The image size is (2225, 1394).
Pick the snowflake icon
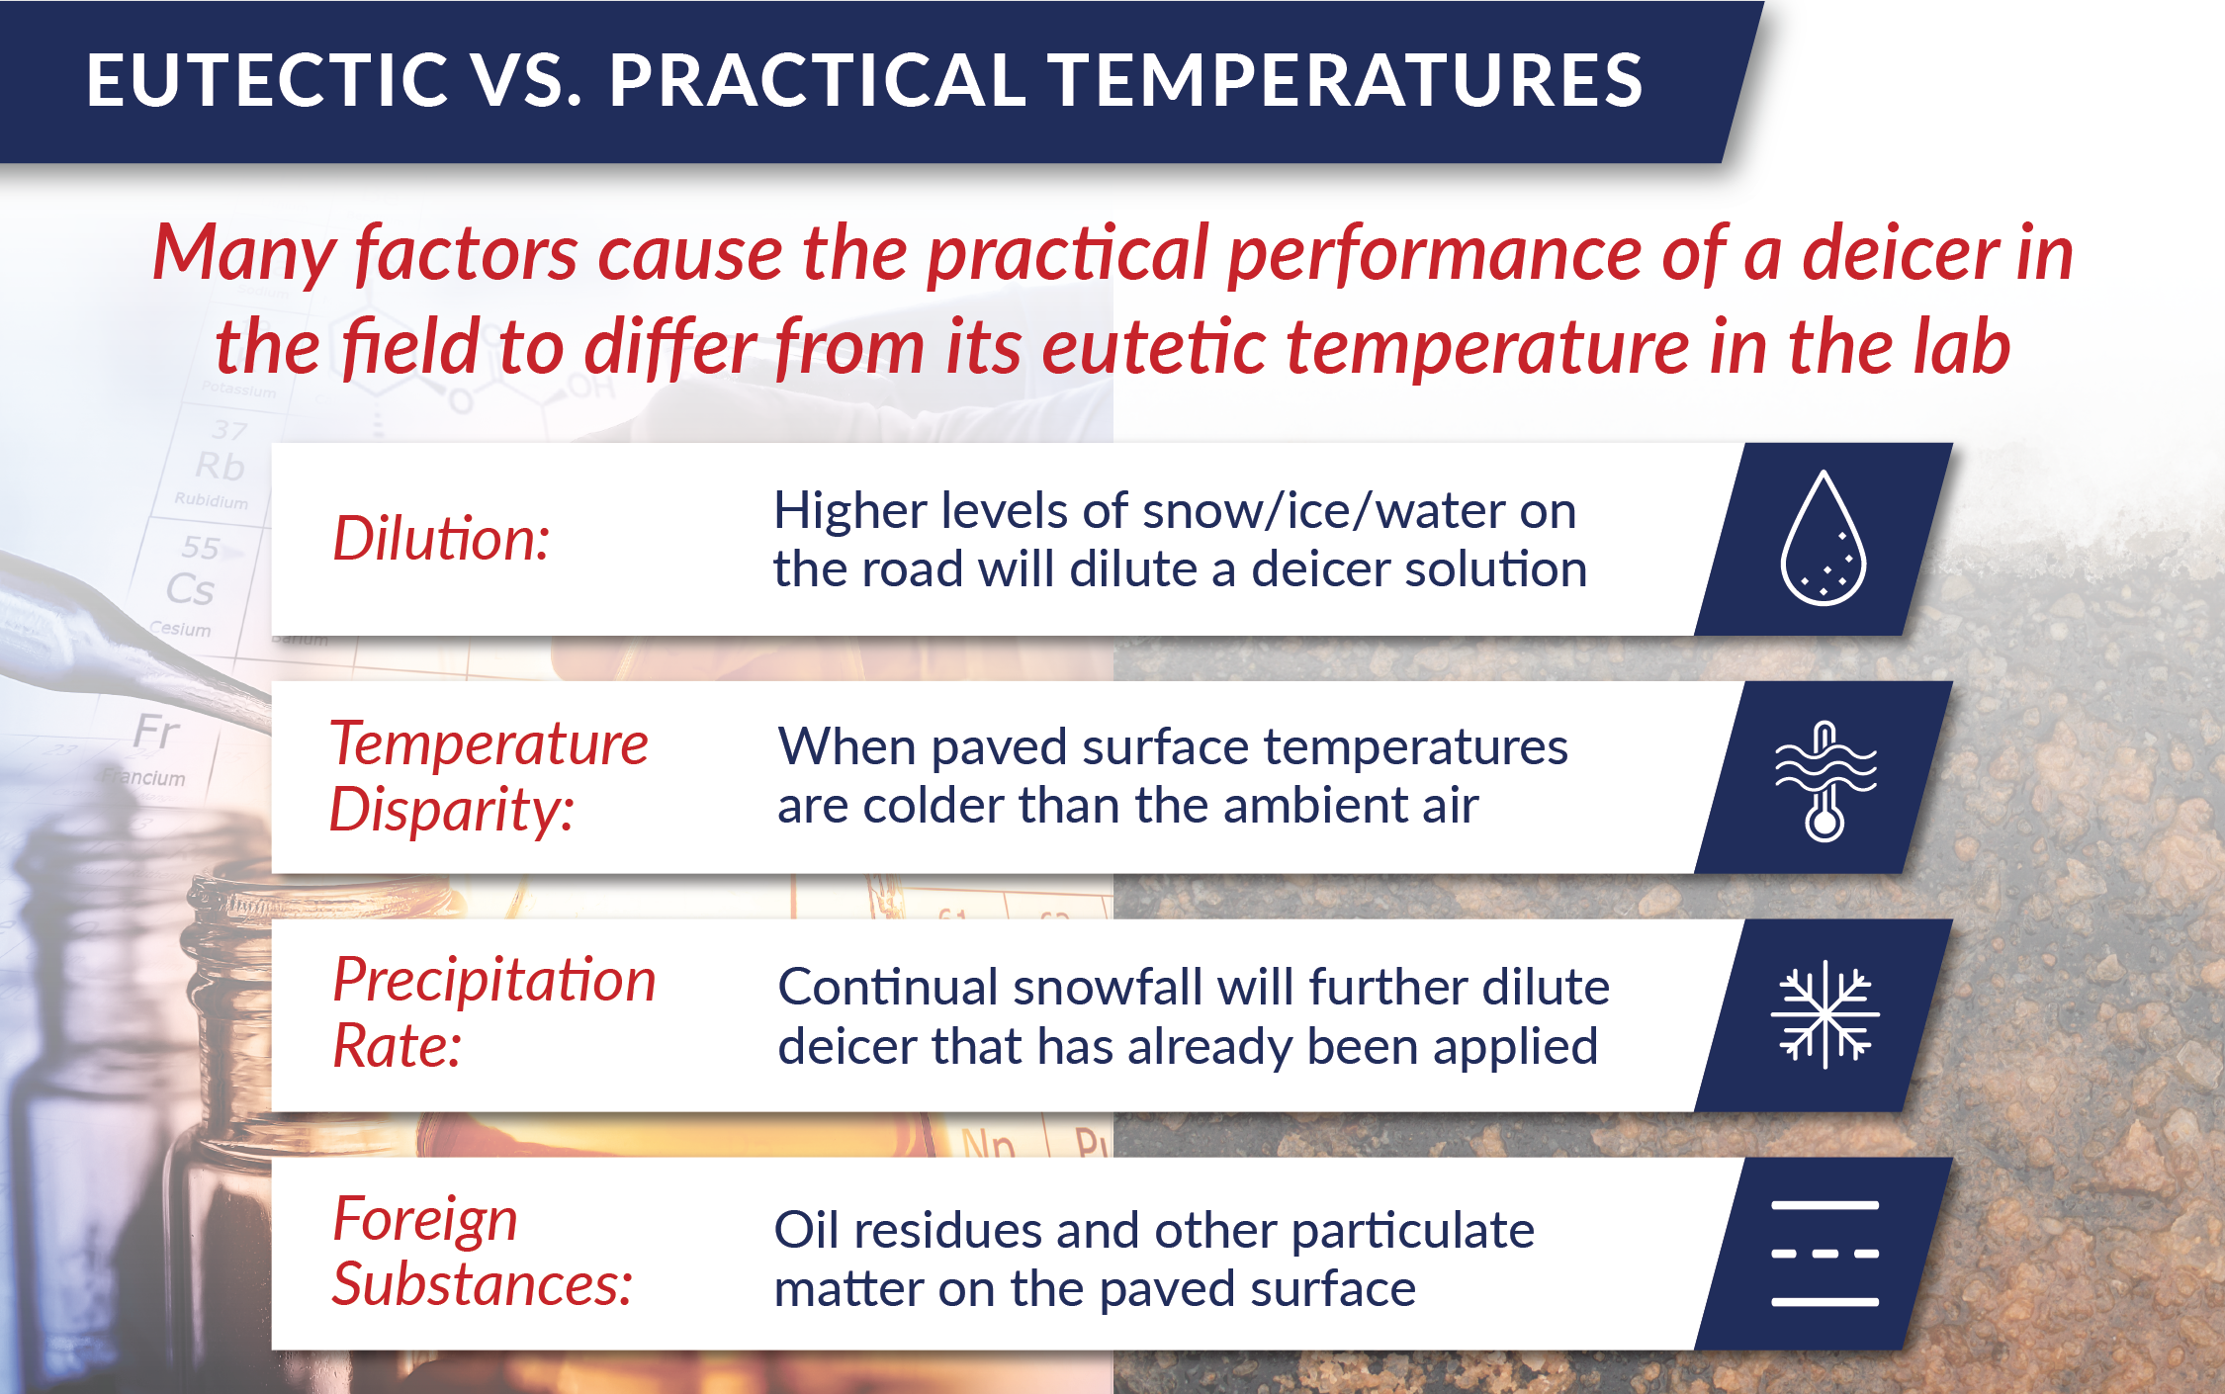tap(1824, 1014)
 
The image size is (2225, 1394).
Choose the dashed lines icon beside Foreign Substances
tap(1824, 1254)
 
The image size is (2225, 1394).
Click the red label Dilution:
tap(441, 540)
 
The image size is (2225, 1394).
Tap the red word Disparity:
tap(451, 811)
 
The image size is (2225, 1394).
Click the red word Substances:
tap(482, 1285)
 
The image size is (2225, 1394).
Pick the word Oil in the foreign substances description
tap(809, 1231)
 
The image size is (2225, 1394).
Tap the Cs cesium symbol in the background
tap(190, 589)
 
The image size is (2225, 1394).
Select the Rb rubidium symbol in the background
tap(220, 466)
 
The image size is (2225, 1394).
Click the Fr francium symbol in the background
tap(156, 733)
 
